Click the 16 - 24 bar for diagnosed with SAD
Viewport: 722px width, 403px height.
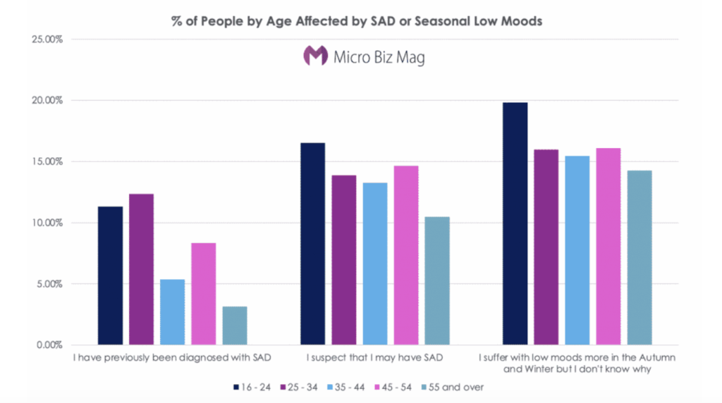click(x=110, y=275)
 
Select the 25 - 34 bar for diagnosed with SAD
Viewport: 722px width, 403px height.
click(x=141, y=269)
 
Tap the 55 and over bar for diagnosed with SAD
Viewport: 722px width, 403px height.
click(x=235, y=325)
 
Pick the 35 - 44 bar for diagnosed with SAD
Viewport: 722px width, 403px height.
click(x=172, y=312)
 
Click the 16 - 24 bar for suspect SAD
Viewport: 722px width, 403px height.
click(x=312, y=244)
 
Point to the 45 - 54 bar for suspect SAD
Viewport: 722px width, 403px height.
click(x=405, y=255)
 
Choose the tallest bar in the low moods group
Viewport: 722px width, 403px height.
click(x=515, y=224)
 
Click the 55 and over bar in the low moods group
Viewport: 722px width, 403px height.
click(x=639, y=258)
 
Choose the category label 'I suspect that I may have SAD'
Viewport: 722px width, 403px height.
click(x=374, y=358)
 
